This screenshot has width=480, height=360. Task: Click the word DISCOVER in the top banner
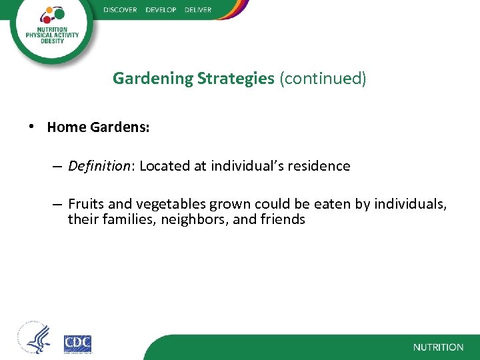point(120,10)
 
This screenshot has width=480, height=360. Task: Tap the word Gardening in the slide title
point(153,79)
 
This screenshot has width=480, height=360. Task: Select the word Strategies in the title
point(235,79)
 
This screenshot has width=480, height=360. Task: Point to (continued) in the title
point(323,79)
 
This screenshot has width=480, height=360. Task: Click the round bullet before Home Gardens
point(31,126)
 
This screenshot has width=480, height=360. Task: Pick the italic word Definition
point(100,166)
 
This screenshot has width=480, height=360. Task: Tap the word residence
point(319,166)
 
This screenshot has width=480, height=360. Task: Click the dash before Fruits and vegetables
point(57,204)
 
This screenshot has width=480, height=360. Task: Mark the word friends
point(283,219)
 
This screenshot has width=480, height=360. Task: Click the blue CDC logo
point(77,345)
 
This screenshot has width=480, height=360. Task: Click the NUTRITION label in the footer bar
point(438,347)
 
